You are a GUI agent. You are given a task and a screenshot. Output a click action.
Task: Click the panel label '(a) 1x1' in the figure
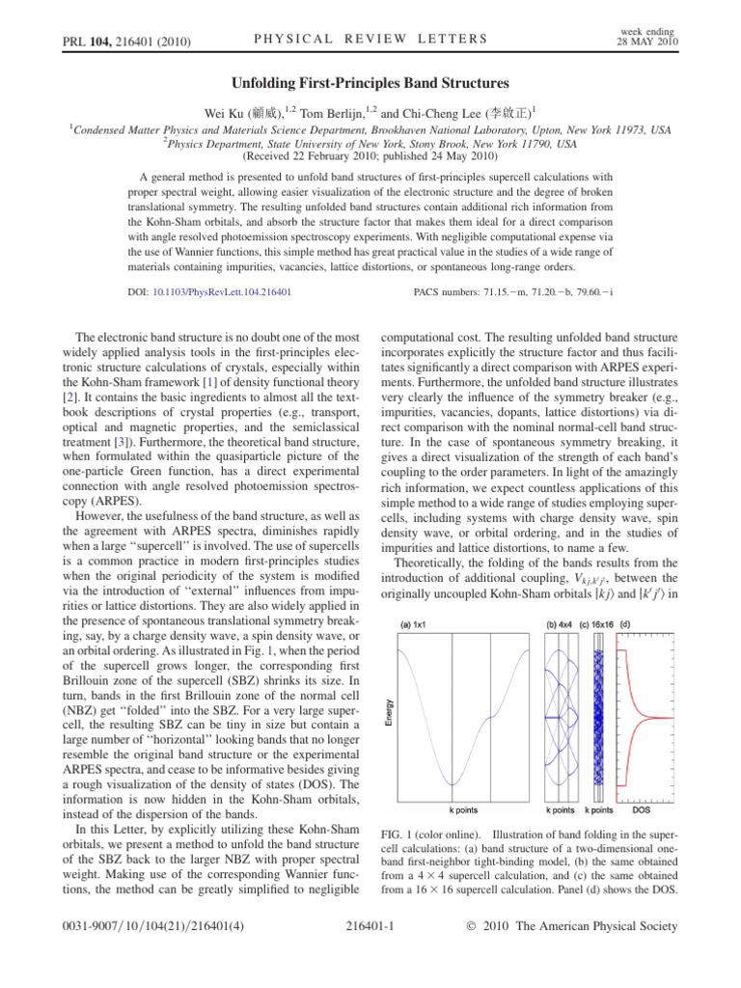click(421, 625)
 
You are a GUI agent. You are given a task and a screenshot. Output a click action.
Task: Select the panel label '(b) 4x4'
click(563, 625)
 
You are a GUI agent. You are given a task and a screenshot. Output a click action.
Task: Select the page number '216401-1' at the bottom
click(370, 954)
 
